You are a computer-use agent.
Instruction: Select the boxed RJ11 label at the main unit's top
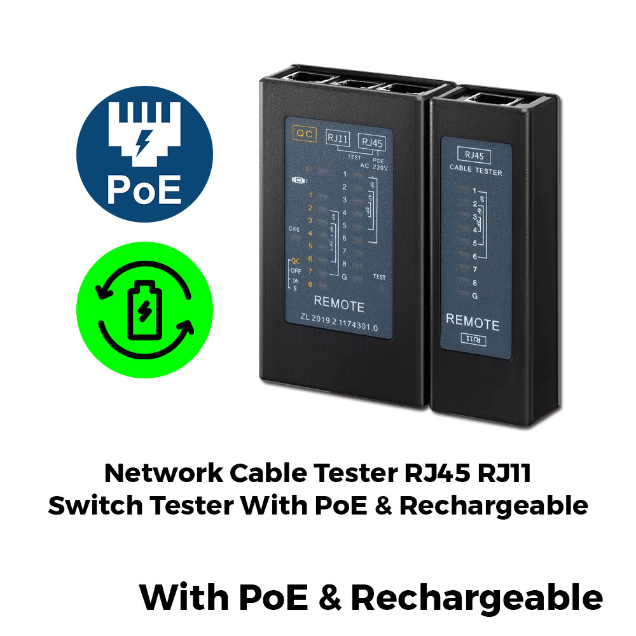click(x=338, y=139)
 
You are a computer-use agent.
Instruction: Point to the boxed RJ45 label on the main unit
click(x=371, y=142)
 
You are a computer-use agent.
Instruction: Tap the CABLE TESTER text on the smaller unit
click(x=476, y=172)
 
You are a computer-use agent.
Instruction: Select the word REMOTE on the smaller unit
click(x=473, y=321)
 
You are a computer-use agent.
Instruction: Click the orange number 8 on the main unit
click(x=310, y=284)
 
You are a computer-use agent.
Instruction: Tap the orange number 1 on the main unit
click(x=310, y=195)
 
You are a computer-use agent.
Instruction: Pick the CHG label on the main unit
click(x=294, y=229)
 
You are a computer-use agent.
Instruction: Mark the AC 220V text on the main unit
click(x=373, y=166)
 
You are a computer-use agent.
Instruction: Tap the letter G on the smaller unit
click(x=474, y=296)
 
